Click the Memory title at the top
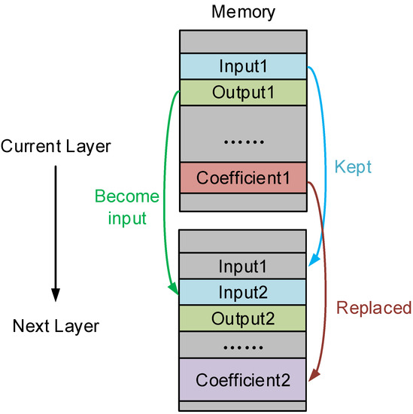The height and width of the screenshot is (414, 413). coord(243,12)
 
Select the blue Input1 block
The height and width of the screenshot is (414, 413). coord(243,65)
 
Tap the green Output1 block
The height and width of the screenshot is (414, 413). coord(243,92)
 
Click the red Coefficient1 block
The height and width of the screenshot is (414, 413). coord(243,178)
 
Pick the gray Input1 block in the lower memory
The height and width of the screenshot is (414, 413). coord(243,266)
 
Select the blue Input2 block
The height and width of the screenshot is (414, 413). coord(243,291)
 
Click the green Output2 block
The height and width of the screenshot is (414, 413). coord(243,318)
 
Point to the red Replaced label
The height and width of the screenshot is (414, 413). coord(374,307)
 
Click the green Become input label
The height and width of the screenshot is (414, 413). coord(126,206)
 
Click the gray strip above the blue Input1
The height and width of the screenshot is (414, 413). coord(243,41)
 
